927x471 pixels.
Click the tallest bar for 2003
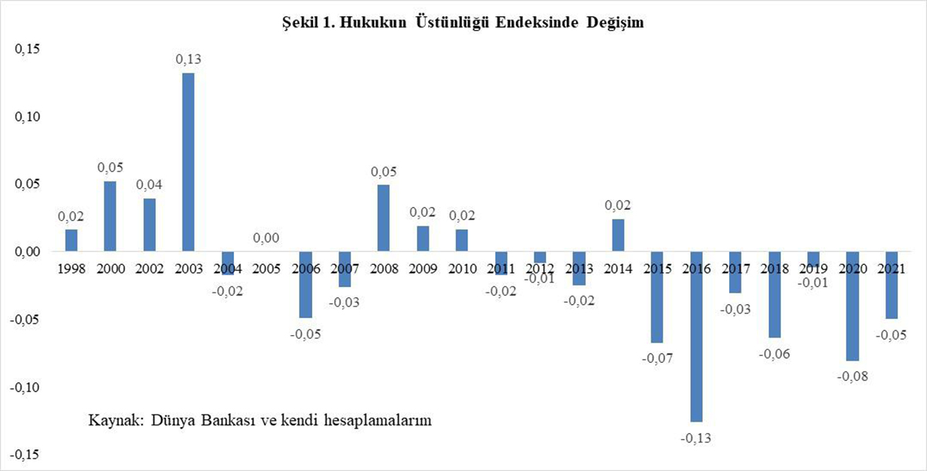tap(188, 162)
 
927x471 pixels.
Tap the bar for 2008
tap(383, 219)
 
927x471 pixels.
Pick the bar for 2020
tap(852, 307)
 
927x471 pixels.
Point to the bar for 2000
tap(110, 216)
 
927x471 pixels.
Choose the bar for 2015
tap(657, 297)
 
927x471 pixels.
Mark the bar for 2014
tap(618, 235)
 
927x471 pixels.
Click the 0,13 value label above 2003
tap(188, 59)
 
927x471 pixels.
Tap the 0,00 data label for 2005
tap(267, 238)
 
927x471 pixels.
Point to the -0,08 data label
tap(852, 377)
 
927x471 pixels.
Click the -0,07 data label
tap(657, 358)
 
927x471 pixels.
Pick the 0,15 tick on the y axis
tap(27, 49)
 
